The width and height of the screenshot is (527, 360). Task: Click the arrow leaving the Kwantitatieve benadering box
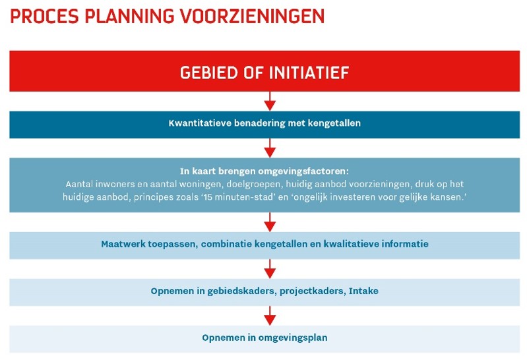click(x=269, y=147)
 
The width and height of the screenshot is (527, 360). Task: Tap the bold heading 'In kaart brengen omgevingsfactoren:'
click(x=263, y=170)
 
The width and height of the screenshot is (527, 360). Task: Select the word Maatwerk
click(x=123, y=244)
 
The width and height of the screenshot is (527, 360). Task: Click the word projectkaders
click(x=311, y=291)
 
